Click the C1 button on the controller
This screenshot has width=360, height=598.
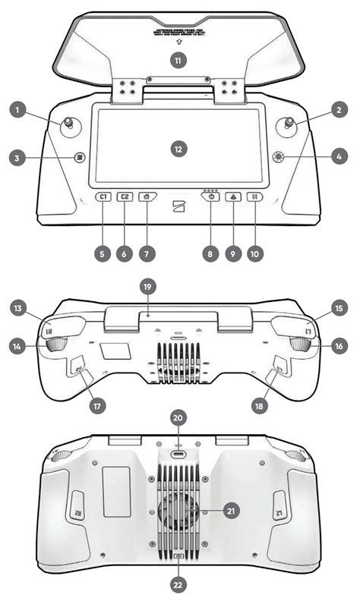pos(103,197)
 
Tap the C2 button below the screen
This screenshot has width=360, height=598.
pos(125,197)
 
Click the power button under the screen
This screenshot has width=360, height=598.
pos(210,197)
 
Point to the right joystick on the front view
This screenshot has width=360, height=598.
pos(289,124)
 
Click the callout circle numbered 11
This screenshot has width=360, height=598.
pos(178,61)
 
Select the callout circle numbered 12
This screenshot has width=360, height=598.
pos(178,149)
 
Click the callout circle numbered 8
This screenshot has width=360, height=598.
pos(211,253)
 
